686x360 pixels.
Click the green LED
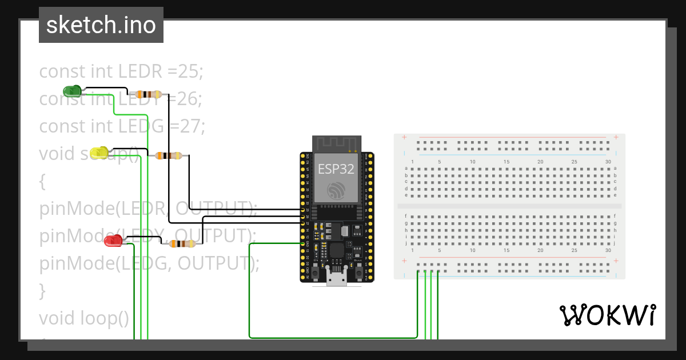pyautogui.click(x=72, y=90)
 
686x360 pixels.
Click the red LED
pyautogui.click(x=113, y=241)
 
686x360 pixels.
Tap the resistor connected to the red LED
pyautogui.click(x=182, y=244)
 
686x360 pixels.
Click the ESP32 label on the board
pyautogui.click(x=336, y=169)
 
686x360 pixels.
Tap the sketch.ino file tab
pyautogui.click(x=101, y=25)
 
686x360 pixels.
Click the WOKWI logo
pyautogui.click(x=607, y=315)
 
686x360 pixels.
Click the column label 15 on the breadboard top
pyautogui.click(x=506, y=162)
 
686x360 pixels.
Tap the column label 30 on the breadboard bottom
pyautogui.click(x=607, y=250)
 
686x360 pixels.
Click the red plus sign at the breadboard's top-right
pyautogui.click(x=616, y=137)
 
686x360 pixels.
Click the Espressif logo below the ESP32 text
pyautogui.click(x=336, y=190)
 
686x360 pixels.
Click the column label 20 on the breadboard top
pyautogui.click(x=540, y=162)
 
